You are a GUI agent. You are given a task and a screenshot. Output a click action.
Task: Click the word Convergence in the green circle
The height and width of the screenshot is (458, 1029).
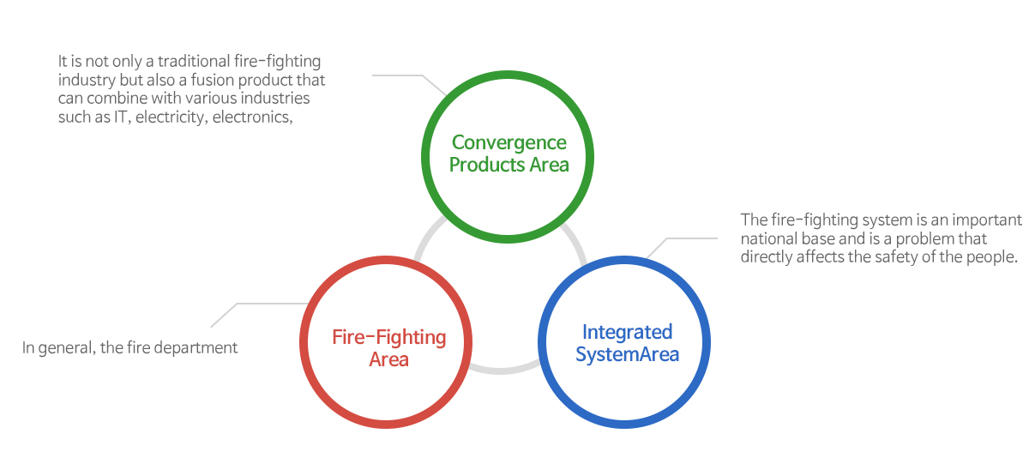[509, 143]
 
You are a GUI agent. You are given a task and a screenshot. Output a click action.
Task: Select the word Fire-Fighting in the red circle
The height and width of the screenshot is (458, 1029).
[389, 338]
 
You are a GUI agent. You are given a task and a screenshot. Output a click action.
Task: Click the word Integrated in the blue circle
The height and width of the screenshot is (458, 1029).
[627, 332]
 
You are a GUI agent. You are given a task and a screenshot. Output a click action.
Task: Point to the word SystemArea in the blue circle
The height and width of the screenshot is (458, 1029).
[627, 354]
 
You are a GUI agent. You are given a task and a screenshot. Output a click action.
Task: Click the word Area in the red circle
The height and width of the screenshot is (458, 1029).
[389, 359]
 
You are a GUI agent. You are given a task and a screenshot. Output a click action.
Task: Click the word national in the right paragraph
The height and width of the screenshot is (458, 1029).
[769, 239]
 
